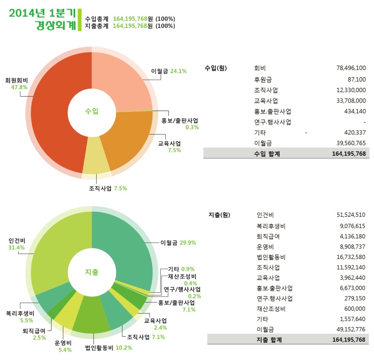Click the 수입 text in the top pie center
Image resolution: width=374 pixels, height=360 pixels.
tap(92, 111)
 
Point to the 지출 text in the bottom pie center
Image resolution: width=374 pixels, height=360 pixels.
tap(92, 272)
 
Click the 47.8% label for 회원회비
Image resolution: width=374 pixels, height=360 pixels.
tap(19, 87)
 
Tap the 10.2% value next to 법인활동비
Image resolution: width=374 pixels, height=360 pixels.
tap(124, 348)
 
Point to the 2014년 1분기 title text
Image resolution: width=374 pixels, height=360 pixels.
tap(42, 13)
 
